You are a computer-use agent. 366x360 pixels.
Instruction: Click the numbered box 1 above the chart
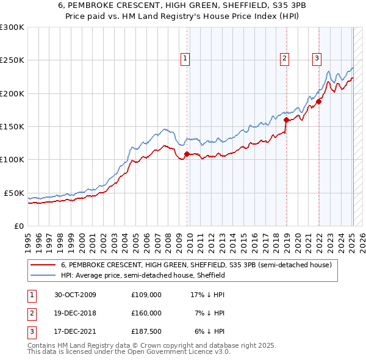click(x=185, y=59)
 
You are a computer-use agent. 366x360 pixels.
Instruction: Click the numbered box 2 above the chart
click(x=284, y=59)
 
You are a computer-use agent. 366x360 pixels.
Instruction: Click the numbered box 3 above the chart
click(x=317, y=59)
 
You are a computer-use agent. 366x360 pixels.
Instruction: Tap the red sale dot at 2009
click(x=187, y=154)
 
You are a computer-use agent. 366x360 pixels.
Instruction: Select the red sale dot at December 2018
click(x=286, y=120)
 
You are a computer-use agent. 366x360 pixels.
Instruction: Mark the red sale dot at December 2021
click(x=318, y=102)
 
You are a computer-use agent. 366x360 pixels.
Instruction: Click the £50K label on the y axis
click(x=14, y=193)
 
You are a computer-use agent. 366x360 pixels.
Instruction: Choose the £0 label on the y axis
click(x=18, y=226)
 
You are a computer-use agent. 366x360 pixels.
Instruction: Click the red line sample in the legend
click(x=44, y=265)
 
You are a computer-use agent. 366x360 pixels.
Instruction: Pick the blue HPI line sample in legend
click(x=44, y=275)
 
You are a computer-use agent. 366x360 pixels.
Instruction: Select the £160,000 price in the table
click(x=146, y=312)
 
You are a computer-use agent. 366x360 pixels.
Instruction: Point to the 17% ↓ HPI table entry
click(x=208, y=295)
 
